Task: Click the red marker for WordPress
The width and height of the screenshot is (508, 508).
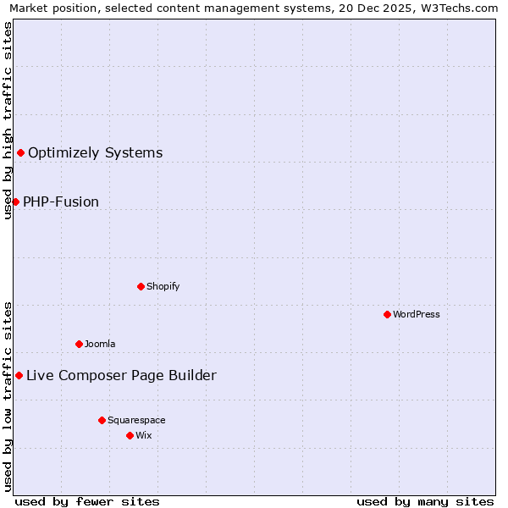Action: [x=387, y=314]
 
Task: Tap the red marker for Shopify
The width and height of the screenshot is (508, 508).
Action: [x=141, y=286]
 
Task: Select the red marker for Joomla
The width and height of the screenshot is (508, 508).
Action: [x=79, y=344]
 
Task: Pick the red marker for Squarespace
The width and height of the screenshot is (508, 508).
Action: [x=102, y=420]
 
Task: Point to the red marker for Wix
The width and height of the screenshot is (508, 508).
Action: [x=130, y=435]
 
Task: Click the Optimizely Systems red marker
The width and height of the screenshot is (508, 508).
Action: [x=20, y=152]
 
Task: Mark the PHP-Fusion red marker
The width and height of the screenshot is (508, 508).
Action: [x=15, y=202]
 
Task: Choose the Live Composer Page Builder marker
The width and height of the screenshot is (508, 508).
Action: [x=19, y=375]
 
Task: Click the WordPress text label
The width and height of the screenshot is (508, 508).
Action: [x=417, y=314]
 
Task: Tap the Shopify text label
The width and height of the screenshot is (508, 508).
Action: [x=163, y=286]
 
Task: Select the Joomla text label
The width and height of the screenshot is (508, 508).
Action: [x=100, y=344]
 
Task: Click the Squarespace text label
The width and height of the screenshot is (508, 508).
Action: [x=136, y=420]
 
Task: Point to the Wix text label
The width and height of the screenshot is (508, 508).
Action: [x=143, y=435]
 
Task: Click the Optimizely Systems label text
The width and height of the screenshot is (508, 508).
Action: [x=95, y=152]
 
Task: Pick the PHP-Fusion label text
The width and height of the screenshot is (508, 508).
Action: [x=61, y=202]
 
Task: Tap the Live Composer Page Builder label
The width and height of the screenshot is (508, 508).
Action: [x=121, y=375]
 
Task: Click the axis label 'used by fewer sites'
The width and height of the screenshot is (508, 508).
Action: [x=87, y=501]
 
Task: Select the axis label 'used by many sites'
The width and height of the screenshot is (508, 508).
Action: [x=425, y=501]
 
